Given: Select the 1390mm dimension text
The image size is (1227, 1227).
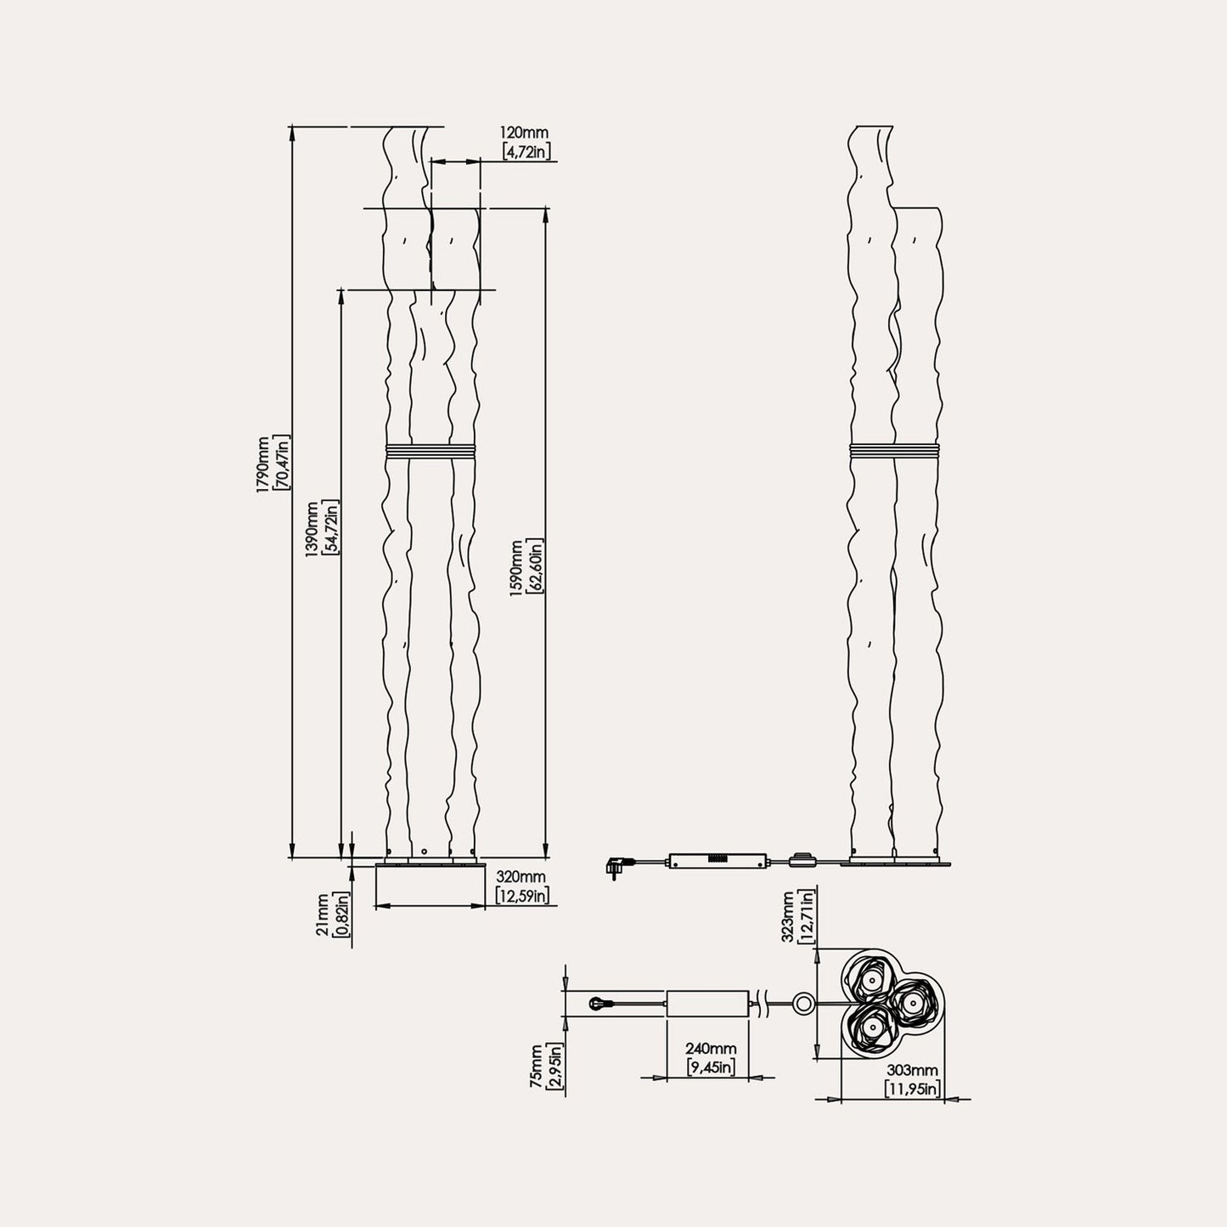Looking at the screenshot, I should click(312, 526).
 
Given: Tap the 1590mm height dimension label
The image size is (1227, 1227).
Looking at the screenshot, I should click(515, 567).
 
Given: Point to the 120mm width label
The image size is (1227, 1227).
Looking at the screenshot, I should click(524, 132).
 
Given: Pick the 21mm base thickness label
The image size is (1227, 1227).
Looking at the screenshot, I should click(323, 915).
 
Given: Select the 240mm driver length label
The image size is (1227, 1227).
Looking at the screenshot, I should click(711, 1050).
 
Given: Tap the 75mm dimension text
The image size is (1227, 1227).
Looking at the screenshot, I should click(536, 1067).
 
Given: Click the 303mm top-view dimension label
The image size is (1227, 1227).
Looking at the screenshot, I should click(912, 1072).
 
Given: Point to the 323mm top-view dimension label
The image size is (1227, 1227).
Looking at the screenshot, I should click(788, 916).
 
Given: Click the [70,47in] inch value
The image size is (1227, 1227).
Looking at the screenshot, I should click(282, 464).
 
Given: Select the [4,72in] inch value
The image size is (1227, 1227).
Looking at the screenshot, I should click(526, 151).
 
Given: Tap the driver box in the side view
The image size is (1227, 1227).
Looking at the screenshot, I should click(718, 860).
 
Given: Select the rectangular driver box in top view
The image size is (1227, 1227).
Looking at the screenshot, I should click(707, 1003).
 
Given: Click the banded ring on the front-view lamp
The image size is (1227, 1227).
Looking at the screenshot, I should click(431, 451).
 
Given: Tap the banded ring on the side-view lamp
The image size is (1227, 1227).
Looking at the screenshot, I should click(894, 451).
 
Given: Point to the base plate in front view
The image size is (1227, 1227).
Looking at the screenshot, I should click(430, 866).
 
